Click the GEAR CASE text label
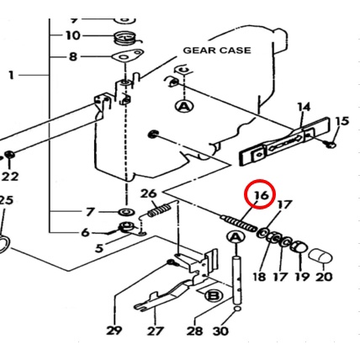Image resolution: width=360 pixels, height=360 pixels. pyautogui.click(x=217, y=50)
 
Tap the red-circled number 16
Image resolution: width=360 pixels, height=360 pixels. pyautogui.click(x=262, y=195)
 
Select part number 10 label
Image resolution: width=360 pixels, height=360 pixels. pyautogui.click(x=73, y=35)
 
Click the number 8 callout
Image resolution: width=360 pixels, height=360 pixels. pyautogui.click(x=73, y=57)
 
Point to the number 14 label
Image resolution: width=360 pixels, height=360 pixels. pyautogui.click(x=304, y=107)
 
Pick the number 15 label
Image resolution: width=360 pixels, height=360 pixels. pyautogui.click(x=342, y=121)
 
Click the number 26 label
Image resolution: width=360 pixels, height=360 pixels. pyautogui.click(x=148, y=193)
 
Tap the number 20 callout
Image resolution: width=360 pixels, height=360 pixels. pyautogui.click(x=324, y=277)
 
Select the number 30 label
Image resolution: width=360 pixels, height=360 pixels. pyautogui.click(x=220, y=331)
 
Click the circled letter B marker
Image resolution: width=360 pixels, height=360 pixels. pyautogui.click(x=214, y=296)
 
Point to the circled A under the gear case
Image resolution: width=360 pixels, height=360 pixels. pyautogui.click(x=184, y=107)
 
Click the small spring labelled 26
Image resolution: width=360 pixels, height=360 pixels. pyautogui.click(x=159, y=210)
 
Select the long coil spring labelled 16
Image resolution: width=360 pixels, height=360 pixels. pyautogui.click(x=239, y=223)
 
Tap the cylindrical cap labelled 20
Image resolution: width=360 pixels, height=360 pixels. pyautogui.click(x=320, y=257)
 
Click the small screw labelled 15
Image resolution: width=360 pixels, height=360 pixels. pyautogui.click(x=331, y=144)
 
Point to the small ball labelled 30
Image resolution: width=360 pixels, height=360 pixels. pyautogui.click(x=237, y=309)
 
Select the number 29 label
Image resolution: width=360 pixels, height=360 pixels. pyautogui.click(x=114, y=331)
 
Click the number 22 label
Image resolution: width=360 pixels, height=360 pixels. pyautogui.click(x=10, y=177)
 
